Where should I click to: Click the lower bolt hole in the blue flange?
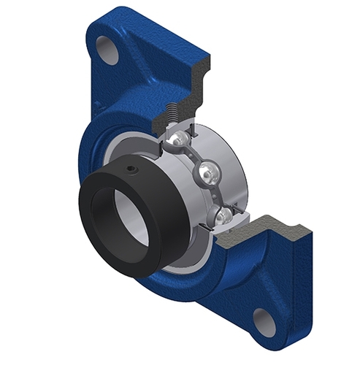click(x=264, y=321)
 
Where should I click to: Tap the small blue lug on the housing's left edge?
click(x=97, y=106)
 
